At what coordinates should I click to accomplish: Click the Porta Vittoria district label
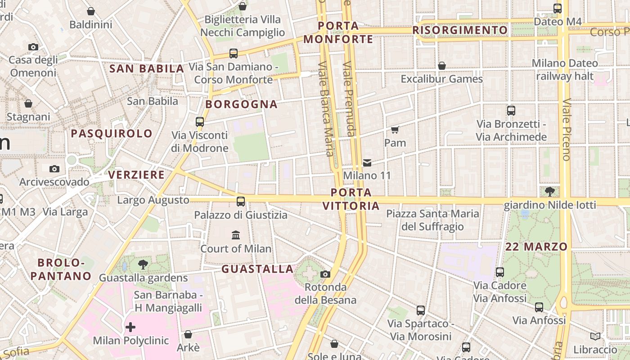point(351,199)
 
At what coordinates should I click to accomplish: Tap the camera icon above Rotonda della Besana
point(325,274)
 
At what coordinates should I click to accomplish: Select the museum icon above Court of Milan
point(236,235)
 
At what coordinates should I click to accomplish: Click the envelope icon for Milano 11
point(367,162)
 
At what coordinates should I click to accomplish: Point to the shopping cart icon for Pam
point(395,130)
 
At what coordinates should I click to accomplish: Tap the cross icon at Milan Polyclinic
point(130,327)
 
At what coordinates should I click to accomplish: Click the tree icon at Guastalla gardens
point(143,265)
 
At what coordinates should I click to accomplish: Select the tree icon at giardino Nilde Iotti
point(549,192)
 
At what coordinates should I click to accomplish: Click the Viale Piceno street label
point(567,129)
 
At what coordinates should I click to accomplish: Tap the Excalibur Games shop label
point(441,79)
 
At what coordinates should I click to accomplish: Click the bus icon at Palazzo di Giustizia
point(241,201)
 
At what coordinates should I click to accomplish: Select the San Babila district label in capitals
point(147,69)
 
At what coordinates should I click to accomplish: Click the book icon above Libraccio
point(595,337)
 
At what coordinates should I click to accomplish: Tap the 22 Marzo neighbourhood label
point(536,247)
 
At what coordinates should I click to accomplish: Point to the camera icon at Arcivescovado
point(54,169)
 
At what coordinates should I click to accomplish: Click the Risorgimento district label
point(460,30)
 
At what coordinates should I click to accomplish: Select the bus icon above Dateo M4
point(558,8)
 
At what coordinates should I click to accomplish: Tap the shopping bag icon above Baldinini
point(91,11)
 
